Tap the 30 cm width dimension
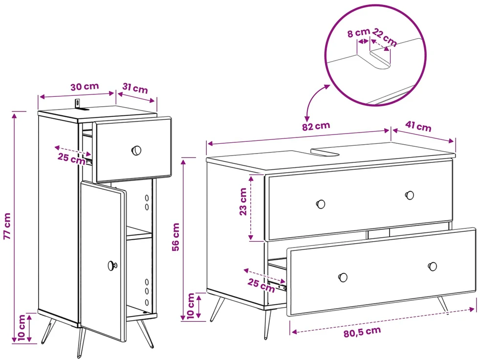[x=85, y=87]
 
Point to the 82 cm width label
[x=316, y=126]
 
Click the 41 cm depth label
[x=418, y=126]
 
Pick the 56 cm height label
[x=175, y=237]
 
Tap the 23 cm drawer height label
[x=243, y=202]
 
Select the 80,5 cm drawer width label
[x=362, y=332]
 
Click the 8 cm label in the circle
[x=358, y=33]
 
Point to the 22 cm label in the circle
[x=385, y=37]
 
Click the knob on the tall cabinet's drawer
[x=136, y=151]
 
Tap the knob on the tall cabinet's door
[x=112, y=266]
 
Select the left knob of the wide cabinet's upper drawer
[x=321, y=204]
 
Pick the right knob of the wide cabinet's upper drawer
[x=410, y=195]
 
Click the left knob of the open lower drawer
[x=343, y=278]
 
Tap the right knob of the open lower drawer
[x=433, y=266]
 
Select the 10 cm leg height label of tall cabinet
[x=22, y=328]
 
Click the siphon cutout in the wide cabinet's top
[x=325, y=152]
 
